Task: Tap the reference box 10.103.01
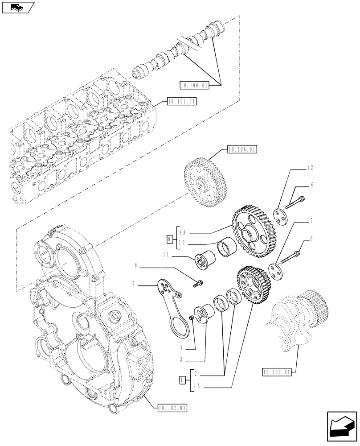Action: click(x=277, y=371)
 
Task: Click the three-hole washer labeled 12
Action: click(x=281, y=215)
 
